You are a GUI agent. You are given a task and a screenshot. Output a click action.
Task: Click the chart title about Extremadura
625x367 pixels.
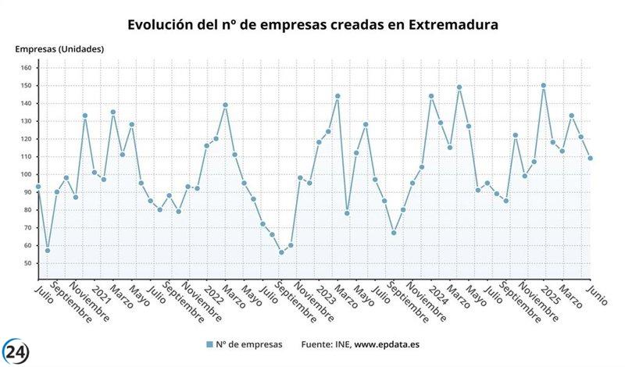click(312, 24)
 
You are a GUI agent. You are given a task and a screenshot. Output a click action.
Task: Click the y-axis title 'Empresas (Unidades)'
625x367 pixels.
click(59, 49)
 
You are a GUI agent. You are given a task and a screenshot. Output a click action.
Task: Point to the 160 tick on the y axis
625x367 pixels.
click(25, 68)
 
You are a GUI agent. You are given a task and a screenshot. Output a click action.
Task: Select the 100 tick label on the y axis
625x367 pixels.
click(25, 174)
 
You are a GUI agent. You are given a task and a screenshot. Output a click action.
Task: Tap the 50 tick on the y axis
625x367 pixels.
click(27, 263)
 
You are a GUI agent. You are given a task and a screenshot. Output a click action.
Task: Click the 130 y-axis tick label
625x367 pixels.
click(25, 121)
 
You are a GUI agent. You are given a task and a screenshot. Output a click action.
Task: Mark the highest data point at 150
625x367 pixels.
click(544, 86)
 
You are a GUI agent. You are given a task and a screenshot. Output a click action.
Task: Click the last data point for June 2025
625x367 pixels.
click(591, 159)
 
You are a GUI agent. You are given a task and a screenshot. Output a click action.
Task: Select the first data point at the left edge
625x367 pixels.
click(38, 187)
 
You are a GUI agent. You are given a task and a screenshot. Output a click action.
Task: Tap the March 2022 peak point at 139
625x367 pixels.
click(225, 105)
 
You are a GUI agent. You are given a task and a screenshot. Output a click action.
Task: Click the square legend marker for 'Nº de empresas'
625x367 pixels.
click(209, 344)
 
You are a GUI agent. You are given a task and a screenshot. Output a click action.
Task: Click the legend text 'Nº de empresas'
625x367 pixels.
click(249, 344)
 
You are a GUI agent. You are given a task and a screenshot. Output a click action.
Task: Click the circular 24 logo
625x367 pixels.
click(18, 351)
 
